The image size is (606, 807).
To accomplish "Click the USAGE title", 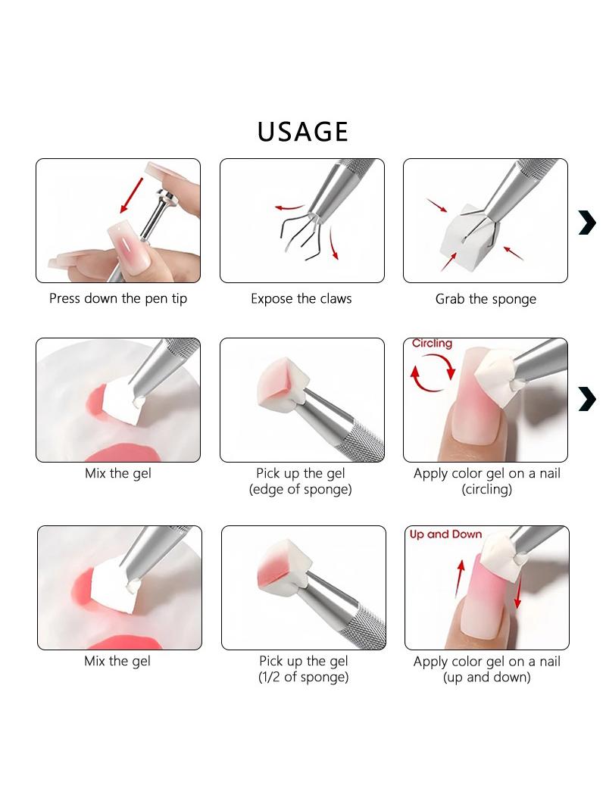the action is click(303, 132).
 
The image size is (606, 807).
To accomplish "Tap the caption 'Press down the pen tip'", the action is click(118, 298).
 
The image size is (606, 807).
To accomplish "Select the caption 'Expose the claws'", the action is click(301, 298).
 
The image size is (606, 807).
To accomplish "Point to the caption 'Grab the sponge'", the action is click(486, 299).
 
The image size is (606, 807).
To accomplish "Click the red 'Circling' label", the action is click(432, 343).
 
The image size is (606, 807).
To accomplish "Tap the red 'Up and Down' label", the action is click(446, 534).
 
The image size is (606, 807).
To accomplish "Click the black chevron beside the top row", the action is click(588, 223).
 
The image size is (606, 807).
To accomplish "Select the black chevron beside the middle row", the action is click(588, 399).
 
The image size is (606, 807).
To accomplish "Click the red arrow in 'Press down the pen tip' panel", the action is click(131, 195).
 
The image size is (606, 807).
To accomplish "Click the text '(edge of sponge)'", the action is click(301, 489).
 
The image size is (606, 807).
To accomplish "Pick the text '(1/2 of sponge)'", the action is click(303, 677).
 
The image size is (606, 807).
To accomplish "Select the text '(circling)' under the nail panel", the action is click(486, 489).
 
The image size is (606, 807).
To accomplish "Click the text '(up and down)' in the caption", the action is click(486, 677).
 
